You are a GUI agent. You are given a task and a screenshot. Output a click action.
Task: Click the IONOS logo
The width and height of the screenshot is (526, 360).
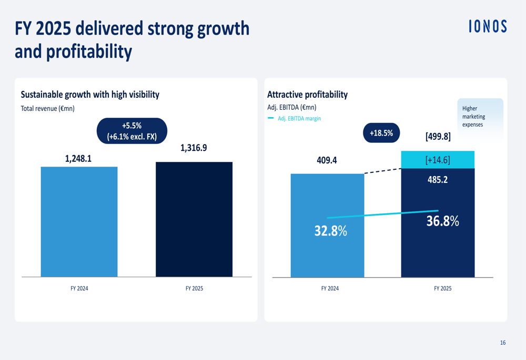pos(488,27)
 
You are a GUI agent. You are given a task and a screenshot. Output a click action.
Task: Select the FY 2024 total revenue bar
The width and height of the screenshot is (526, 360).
pos(79,221)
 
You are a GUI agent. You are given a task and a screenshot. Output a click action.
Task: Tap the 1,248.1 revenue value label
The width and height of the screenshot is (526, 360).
pos(78,158)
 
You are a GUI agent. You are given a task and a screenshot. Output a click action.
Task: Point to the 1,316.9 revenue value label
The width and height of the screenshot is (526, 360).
pos(194,148)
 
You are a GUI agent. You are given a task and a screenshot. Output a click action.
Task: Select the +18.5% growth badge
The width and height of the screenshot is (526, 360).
pos(381,133)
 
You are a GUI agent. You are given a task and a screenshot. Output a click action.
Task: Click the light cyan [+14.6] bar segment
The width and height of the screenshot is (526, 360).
pos(438,160)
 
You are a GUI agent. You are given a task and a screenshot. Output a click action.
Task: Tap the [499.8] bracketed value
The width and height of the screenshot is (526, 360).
pos(438,137)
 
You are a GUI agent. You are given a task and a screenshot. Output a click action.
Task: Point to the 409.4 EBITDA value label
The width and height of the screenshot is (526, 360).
pos(327,160)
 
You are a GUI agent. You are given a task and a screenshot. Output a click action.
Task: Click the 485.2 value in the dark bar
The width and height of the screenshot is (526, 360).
pos(438,180)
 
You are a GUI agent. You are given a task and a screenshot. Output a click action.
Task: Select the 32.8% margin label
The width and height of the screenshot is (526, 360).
pos(331,231)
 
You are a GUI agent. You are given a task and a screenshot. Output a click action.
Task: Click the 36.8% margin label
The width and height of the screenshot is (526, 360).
pos(442,221)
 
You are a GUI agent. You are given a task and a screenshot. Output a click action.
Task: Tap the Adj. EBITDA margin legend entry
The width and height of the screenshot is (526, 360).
pos(295,119)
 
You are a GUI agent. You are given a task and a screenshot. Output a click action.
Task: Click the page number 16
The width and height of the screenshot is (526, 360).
pos(502,343)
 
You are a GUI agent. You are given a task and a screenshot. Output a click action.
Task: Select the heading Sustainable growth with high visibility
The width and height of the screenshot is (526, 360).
pos(90,95)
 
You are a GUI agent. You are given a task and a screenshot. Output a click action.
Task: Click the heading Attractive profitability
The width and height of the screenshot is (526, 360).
pos(307,95)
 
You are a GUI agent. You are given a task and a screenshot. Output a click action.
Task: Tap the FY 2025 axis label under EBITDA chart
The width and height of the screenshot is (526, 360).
pos(442,289)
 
